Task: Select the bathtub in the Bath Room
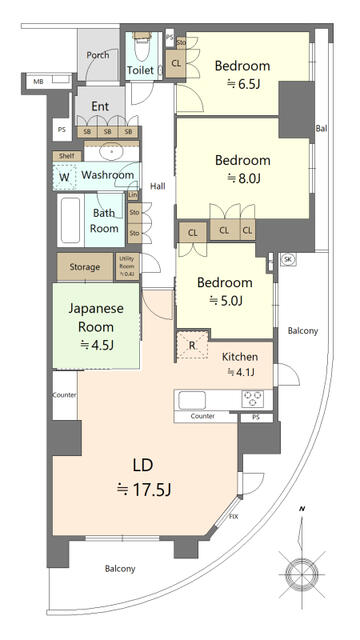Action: [70, 221]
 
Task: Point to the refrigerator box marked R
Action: [191, 345]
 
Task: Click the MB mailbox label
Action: [38, 81]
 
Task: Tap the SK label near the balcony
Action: [288, 259]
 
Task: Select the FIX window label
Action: [233, 517]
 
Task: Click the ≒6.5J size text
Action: [237, 86]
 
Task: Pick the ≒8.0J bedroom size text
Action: [241, 179]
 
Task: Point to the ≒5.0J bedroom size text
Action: [226, 300]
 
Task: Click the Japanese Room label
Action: [96, 317]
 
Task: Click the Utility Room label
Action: [126, 266]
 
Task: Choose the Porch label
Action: [98, 56]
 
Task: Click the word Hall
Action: [158, 186]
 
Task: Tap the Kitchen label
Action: [240, 357]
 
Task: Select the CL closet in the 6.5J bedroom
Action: [176, 64]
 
